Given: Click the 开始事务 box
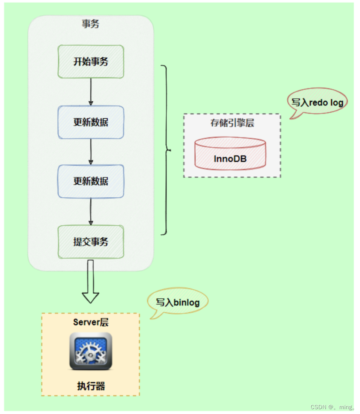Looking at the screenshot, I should click(x=91, y=61).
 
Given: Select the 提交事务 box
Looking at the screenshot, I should click(x=91, y=242).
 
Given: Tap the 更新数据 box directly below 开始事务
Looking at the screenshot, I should click(x=91, y=122).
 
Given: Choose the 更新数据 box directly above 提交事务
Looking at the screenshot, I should click(x=91, y=181).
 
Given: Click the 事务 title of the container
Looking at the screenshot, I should click(x=91, y=24).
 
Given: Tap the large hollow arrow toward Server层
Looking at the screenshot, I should click(x=91, y=283).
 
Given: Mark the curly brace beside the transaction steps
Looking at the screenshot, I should click(x=166, y=150).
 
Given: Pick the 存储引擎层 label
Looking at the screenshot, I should click(x=232, y=123).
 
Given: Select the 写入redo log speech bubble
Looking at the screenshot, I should click(x=317, y=102).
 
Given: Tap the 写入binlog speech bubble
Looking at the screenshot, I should click(x=178, y=302).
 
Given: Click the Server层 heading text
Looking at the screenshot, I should click(x=91, y=322).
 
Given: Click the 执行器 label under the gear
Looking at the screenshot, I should click(x=91, y=386).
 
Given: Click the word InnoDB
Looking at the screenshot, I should click(x=230, y=159).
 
